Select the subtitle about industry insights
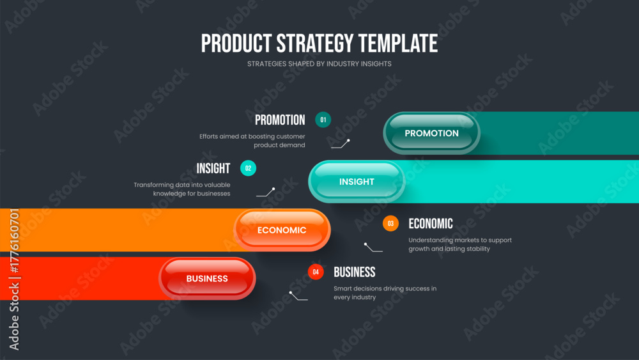(x=319, y=64)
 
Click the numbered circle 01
(x=323, y=120)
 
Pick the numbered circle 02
(x=248, y=168)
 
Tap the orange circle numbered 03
(x=390, y=223)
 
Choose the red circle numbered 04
(x=316, y=272)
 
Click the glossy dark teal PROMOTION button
(x=431, y=133)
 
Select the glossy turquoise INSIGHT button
(x=357, y=182)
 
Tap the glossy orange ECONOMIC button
(x=282, y=230)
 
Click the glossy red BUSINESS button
(x=207, y=278)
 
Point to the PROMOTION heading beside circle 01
(x=280, y=120)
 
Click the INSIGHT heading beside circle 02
(x=213, y=168)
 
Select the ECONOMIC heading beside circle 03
(x=431, y=223)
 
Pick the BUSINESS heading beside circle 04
(x=355, y=272)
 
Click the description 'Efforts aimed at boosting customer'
(x=252, y=137)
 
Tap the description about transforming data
(x=181, y=189)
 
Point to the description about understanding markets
(x=460, y=244)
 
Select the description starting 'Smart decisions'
(x=385, y=293)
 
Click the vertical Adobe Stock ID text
(x=14, y=279)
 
